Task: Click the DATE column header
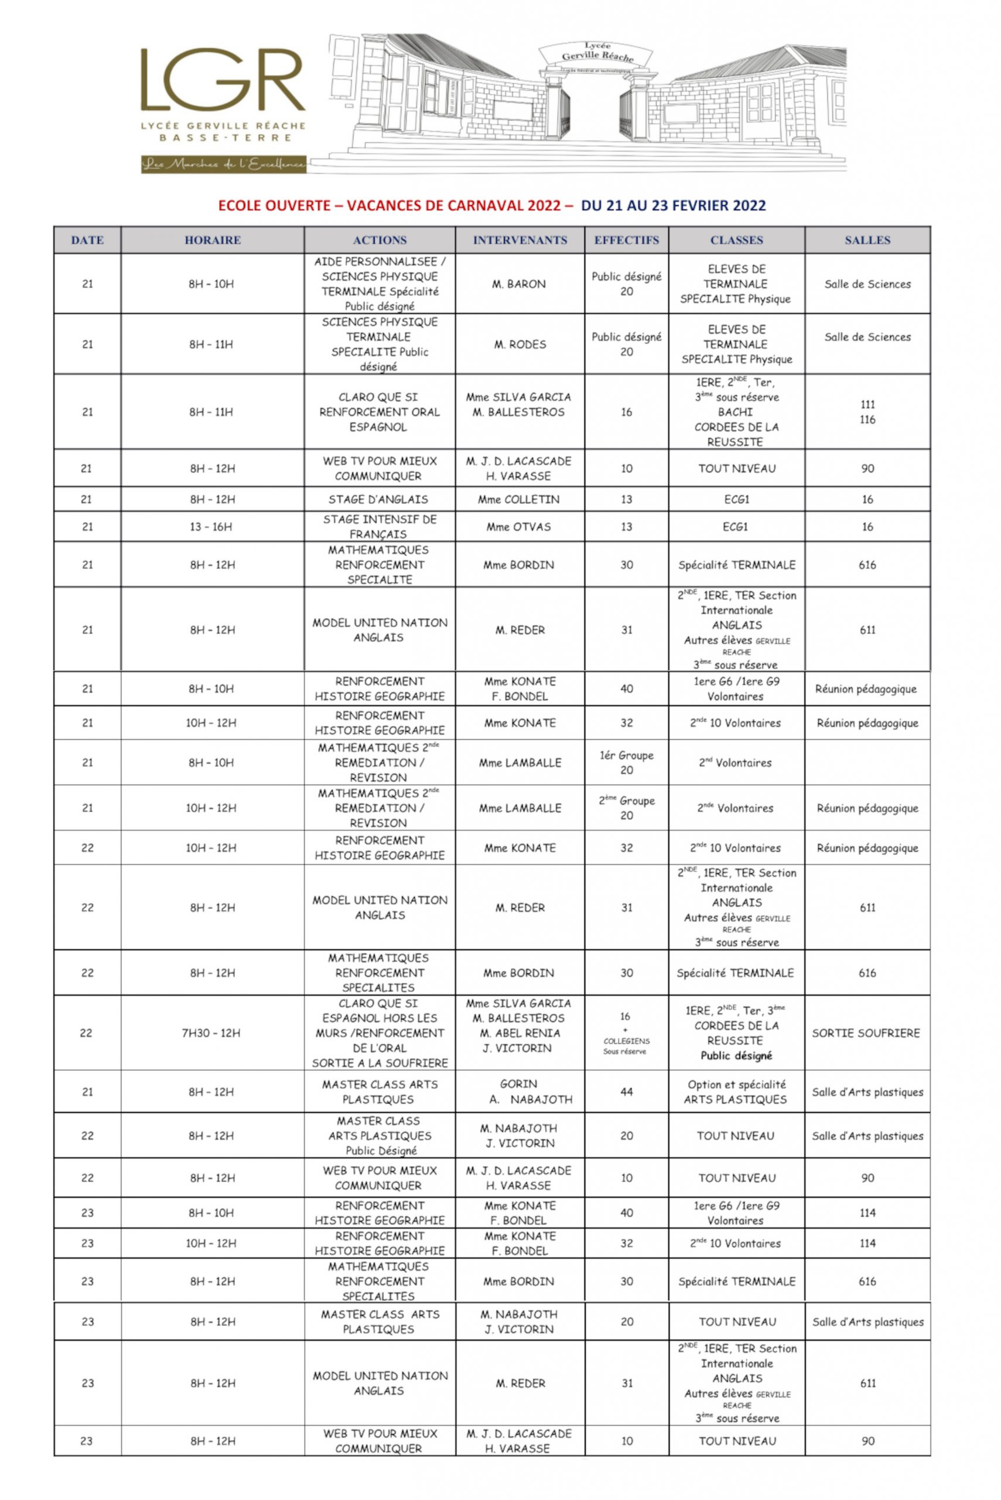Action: tap(87, 240)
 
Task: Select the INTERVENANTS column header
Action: tap(520, 240)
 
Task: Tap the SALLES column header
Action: tap(867, 240)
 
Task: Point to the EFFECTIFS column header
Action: tap(626, 240)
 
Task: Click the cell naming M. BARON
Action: tap(519, 284)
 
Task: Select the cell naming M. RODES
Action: tap(520, 344)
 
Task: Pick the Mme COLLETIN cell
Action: tap(518, 499)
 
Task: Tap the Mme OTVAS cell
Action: tap(518, 527)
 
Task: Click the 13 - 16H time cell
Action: tap(211, 527)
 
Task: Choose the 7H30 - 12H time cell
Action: tap(211, 1032)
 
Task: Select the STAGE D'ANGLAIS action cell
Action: tap(379, 499)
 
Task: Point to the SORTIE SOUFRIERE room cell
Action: tap(866, 1032)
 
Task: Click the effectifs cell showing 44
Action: tap(626, 1092)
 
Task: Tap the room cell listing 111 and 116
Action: tap(867, 412)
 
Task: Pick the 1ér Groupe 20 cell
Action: tap(626, 762)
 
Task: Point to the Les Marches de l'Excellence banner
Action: tap(223, 165)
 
